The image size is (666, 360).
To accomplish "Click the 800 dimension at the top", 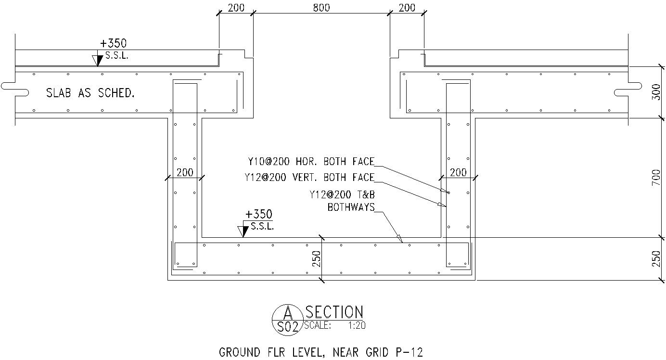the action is (321, 7).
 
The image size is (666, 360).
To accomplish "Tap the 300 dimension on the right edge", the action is (656, 92).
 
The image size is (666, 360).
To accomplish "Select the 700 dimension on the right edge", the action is (656, 178).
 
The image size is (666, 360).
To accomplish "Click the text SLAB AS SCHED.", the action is (90, 93).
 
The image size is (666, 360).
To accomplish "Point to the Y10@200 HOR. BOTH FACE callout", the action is (311, 161).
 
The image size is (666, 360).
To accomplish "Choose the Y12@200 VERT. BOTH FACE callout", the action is (309, 177).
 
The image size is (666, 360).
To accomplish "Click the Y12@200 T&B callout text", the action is (342, 195).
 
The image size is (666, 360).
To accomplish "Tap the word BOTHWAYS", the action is (351, 207).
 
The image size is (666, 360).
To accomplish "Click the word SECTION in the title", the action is (334, 312).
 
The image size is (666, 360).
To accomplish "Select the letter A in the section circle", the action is (287, 313).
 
